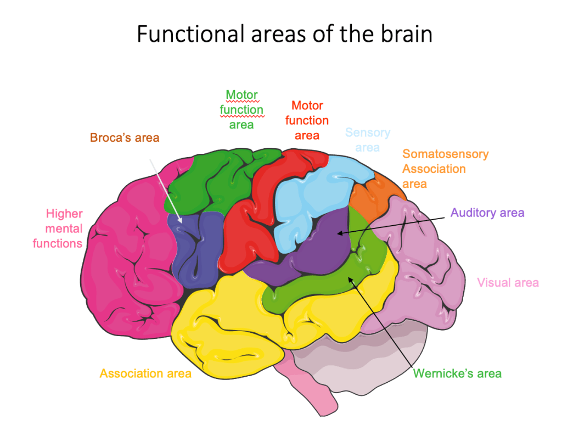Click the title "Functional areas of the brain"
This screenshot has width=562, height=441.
284,34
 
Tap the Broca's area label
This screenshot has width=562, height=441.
125,137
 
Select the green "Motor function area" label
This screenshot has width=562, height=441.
241,109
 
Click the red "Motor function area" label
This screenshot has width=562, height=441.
307,120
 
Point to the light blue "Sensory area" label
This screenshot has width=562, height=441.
367,139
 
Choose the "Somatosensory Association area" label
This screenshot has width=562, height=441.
445,169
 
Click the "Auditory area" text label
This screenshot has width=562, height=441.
487,213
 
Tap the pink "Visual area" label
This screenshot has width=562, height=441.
508,283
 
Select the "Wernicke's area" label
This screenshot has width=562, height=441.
457,373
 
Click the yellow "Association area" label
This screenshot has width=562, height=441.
145,373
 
